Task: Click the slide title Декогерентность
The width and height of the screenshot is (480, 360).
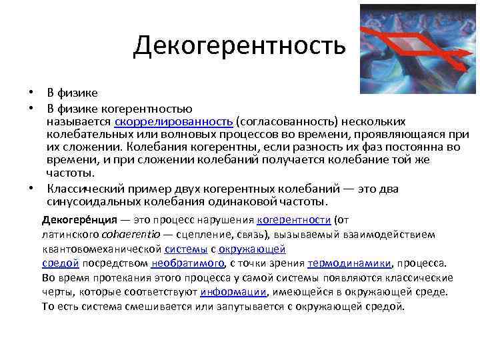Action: click(239, 46)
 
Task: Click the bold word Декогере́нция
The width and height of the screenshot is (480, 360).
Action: click(75, 220)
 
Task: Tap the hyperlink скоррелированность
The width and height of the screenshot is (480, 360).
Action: click(173, 121)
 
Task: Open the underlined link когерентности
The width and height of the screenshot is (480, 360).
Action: click(293, 220)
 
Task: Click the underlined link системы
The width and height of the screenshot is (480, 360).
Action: click(185, 249)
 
